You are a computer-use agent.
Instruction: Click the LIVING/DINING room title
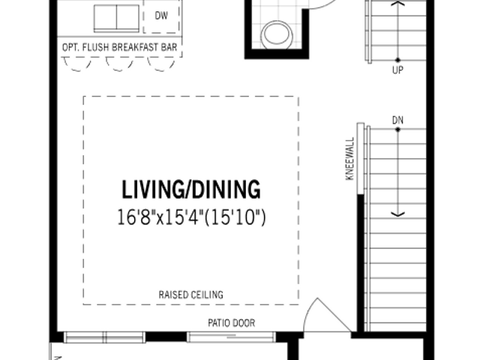pyautogui.click(x=191, y=190)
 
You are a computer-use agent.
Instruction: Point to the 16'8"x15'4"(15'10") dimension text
pyautogui.click(x=192, y=217)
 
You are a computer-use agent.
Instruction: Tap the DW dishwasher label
pyautogui.click(x=161, y=16)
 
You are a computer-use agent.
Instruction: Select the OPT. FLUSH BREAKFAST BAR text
pyautogui.click(x=120, y=47)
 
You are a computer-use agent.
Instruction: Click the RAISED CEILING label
pyautogui.click(x=191, y=295)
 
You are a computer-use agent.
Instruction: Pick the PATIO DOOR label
pyautogui.click(x=232, y=323)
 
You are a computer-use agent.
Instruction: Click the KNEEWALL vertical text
pyautogui.click(x=349, y=158)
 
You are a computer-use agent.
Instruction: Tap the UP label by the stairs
pyautogui.click(x=397, y=70)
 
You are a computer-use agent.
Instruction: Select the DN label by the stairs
pyautogui.click(x=397, y=120)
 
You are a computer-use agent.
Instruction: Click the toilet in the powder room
pyautogui.click(x=277, y=35)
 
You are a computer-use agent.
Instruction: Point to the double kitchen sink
pyautogui.click(x=116, y=18)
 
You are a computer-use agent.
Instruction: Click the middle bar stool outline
pyautogui.click(x=119, y=65)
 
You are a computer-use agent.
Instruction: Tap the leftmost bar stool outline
pyautogui.click(x=77, y=65)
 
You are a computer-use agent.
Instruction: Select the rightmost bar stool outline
pyautogui.click(x=161, y=65)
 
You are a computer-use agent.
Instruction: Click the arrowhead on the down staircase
pyautogui.click(x=397, y=214)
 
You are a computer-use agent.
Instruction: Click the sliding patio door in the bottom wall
pyautogui.click(x=231, y=337)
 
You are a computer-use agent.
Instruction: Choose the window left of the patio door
pyautogui.click(x=105, y=337)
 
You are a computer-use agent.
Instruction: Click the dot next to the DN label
pyautogui.click(x=397, y=130)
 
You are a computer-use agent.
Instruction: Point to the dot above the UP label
pyautogui.click(x=397, y=60)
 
